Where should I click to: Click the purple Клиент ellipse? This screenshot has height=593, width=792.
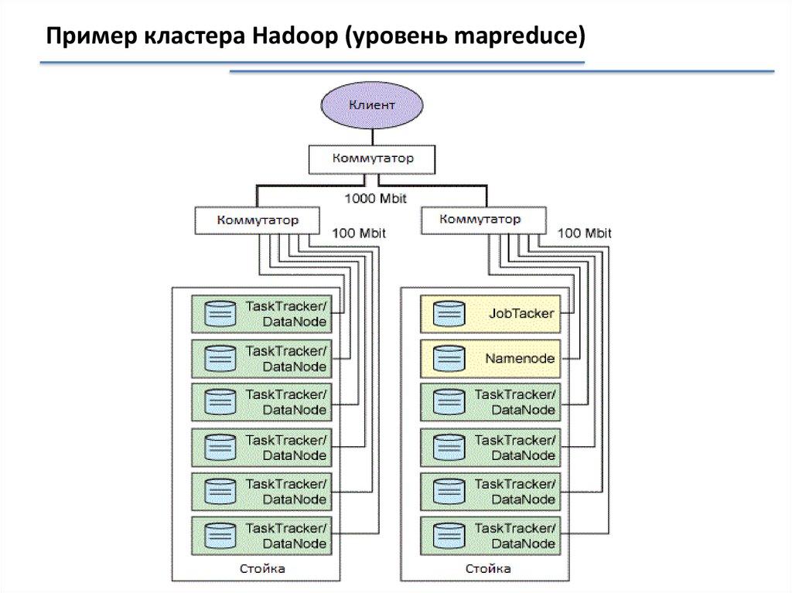click(372, 106)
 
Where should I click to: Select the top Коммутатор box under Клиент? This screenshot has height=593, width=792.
click(372, 158)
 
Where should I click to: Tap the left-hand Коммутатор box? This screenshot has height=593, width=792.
click(258, 220)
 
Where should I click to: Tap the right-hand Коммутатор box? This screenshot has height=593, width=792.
click(480, 220)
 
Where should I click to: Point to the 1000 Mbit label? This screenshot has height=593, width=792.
click(375, 198)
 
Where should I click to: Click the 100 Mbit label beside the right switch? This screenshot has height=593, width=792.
click(585, 233)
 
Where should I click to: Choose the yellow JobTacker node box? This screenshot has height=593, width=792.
click(490, 314)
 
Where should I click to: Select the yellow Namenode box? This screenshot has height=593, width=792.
click(490, 358)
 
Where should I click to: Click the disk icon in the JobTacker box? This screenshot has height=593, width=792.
click(449, 314)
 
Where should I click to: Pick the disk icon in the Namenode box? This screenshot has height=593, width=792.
click(449, 358)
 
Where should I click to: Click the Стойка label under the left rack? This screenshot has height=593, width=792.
click(262, 570)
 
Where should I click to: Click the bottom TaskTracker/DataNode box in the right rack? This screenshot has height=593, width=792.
click(490, 535)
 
